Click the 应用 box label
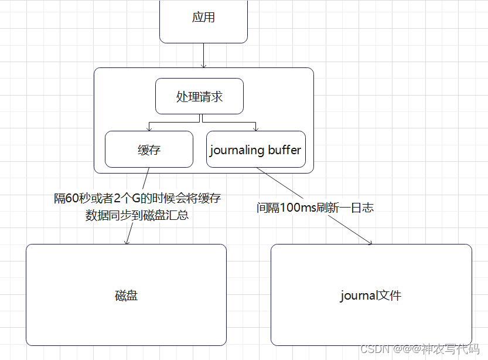click(203, 18)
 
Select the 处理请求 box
click(199, 96)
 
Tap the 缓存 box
click(149, 150)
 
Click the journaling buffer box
click(256, 150)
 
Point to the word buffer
click(285, 150)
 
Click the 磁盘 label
click(126, 295)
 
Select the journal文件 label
click(371, 295)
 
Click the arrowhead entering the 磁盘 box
click(126, 241)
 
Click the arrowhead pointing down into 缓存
click(149, 128)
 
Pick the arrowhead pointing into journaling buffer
click(255, 128)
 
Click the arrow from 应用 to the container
click(203, 56)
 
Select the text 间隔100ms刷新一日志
click(315, 208)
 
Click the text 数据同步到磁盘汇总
click(137, 215)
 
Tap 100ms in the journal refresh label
click(299, 208)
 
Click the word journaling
click(237, 150)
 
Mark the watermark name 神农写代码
click(451, 349)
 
